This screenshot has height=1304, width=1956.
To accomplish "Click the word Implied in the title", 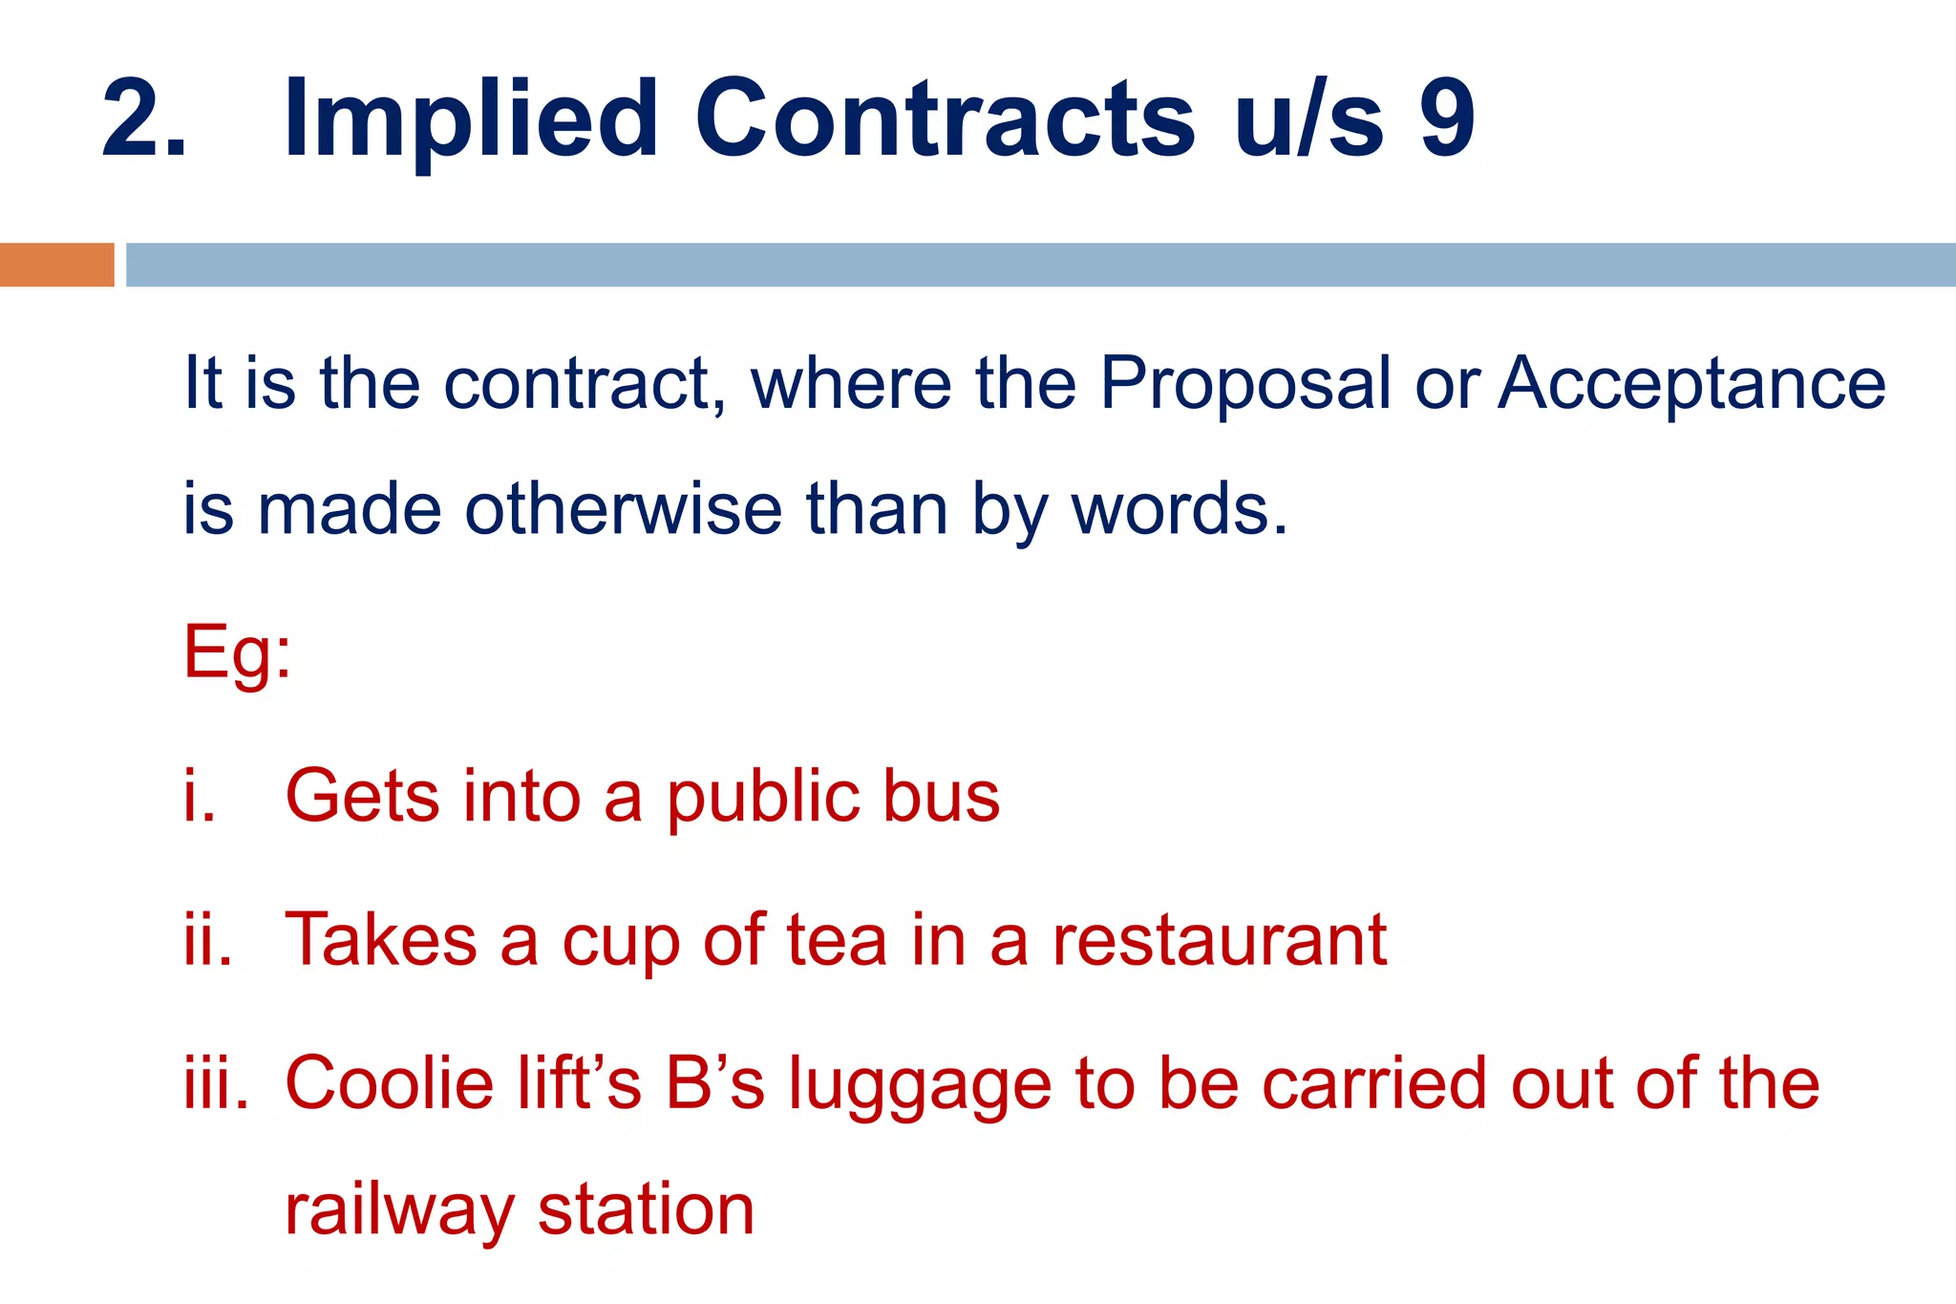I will (x=470, y=120).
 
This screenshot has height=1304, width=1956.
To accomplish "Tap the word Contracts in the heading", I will (x=945, y=118).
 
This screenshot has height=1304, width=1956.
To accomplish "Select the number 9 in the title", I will (x=1447, y=118).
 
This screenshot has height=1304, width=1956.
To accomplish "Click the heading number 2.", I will (x=143, y=118).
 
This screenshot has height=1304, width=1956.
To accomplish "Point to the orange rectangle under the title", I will (x=56, y=265).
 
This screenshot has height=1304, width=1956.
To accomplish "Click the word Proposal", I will (x=1245, y=384).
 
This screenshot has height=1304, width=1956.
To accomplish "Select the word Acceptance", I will (x=1691, y=384).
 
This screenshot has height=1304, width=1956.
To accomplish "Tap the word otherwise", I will (x=624, y=509).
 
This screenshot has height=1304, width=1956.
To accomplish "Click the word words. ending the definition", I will (x=1180, y=509).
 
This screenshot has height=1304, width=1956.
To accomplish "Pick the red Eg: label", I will (x=237, y=654).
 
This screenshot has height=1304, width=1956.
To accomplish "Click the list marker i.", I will (x=199, y=797).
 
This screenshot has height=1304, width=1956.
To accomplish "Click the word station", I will (x=647, y=1209).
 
